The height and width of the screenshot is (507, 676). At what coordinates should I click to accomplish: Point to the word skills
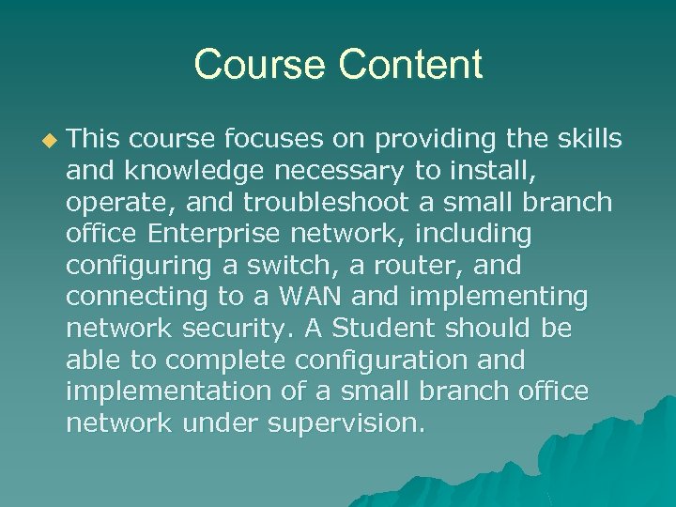(x=586, y=139)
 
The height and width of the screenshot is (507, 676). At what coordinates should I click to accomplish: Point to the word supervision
(x=346, y=423)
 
